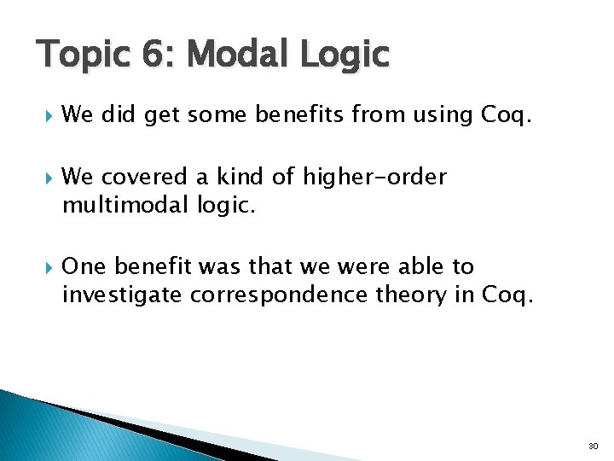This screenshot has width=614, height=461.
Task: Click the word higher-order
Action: tap(374, 177)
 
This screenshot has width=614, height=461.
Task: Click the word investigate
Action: tap(121, 295)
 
